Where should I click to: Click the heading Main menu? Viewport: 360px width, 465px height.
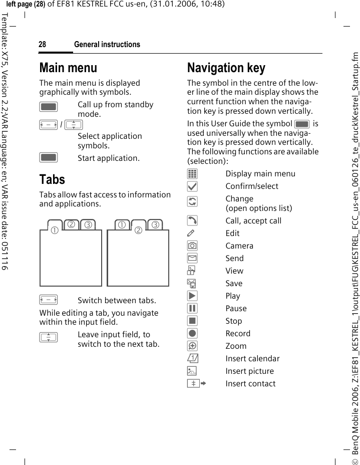68,68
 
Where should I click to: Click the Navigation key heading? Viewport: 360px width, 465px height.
226,68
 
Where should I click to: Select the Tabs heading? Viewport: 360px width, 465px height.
52,179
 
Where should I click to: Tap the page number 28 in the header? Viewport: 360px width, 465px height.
43,45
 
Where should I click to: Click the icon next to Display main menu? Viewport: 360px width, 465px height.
193,174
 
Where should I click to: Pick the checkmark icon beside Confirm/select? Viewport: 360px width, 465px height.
193,186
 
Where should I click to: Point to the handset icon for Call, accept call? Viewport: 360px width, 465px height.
193,221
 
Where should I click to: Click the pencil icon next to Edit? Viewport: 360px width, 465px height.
193,234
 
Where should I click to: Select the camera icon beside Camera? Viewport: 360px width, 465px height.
193,246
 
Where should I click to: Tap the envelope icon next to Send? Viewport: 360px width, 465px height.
193,259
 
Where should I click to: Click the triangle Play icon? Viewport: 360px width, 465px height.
193,296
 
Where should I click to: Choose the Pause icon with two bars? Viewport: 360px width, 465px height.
193,308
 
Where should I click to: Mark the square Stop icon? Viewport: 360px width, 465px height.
193,321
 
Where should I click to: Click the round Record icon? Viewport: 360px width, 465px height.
193,333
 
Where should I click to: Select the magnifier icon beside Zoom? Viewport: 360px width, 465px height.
193,346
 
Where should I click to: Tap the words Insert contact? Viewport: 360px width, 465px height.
250,383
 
